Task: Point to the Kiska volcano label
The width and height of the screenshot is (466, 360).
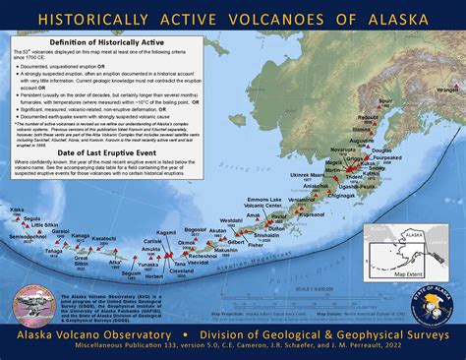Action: (18, 210)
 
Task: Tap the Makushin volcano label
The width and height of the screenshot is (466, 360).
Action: (225, 250)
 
